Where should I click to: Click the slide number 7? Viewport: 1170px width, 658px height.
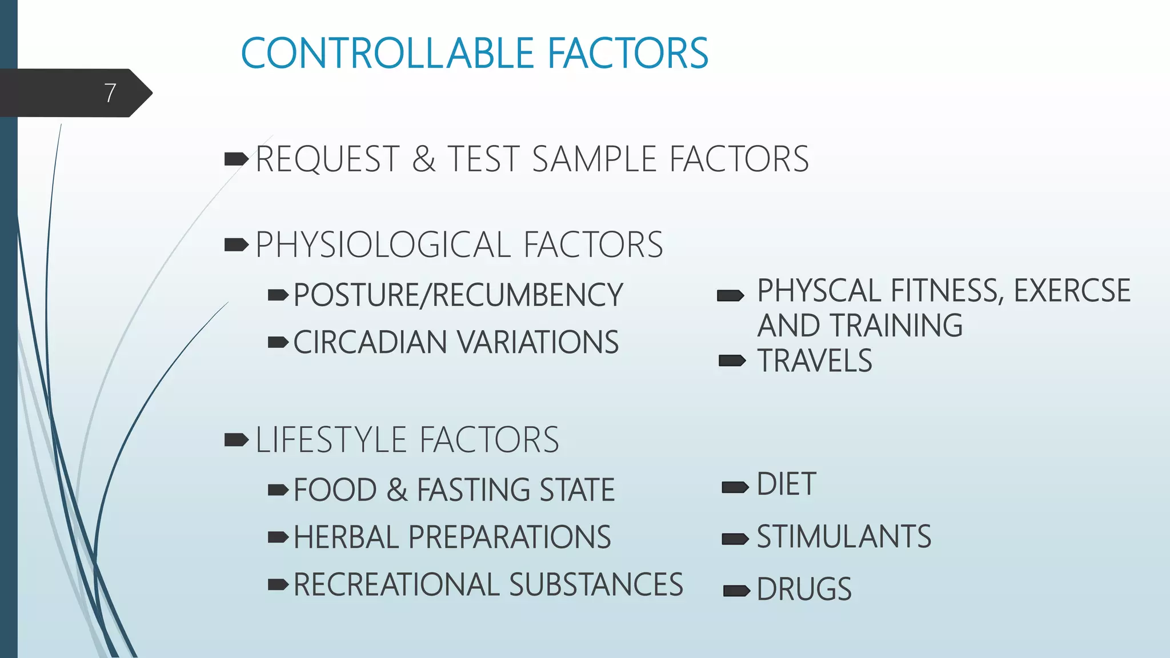point(110,93)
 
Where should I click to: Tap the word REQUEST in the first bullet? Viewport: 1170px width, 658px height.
point(327,159)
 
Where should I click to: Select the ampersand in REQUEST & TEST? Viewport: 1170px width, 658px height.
point(423,159)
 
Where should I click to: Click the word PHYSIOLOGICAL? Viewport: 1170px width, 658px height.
point(383,245)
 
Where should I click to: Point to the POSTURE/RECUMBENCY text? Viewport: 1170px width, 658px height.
point(458,295)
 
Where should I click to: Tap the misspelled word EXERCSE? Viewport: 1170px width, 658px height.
point(1072,291)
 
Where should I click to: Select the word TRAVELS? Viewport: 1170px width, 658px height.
point(815,361)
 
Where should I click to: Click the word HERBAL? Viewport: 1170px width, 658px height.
point(346,537)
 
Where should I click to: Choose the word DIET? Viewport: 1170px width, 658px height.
point(786,484)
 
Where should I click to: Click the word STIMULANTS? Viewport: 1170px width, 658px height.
point(844,537)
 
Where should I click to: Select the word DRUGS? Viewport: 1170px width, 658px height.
point(804,589)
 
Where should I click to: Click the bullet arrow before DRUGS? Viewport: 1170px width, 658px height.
point(736,591)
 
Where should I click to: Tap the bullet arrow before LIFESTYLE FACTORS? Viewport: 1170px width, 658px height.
point(236,440)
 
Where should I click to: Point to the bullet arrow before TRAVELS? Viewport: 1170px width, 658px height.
point(732,361)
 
